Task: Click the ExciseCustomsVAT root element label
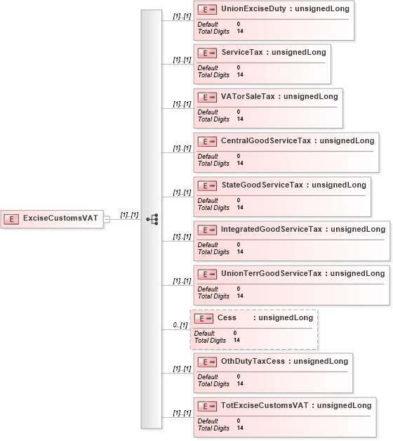(x=60, y=218)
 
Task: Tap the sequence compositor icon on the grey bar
(x=152, y=219)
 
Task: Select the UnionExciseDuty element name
(x=253, y=8)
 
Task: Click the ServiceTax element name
(x=242, y=52)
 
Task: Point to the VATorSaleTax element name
(x=248, y=96)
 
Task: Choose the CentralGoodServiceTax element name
(x=266, y=140)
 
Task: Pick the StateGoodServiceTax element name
(x=262, y=185)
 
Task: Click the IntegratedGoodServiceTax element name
(x=272, y=229)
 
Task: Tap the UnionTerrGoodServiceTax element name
(x=271, y=273)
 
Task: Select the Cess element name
(x=227, y=317)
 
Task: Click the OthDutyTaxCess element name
(x=253, y=361)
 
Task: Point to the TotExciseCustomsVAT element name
(x=265, y=405)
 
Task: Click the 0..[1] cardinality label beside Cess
(x=180, y=325)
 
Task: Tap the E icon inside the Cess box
(x=204, y=318)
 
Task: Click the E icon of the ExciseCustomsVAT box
(x=11, y=219)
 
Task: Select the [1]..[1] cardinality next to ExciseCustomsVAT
(x=129, y=215)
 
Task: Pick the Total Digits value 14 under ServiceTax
(x=240, y=75)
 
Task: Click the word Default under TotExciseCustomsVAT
(x=208, y=421)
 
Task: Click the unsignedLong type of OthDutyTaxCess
(x=321, y=361)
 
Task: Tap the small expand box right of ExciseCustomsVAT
(x=107, y=219)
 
